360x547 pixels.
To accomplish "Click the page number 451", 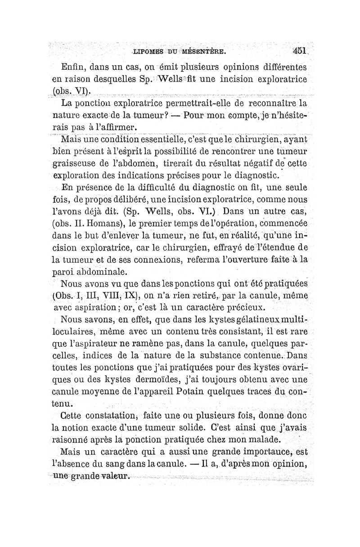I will [298, 51].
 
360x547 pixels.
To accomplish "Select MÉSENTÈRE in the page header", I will [211, 52].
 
